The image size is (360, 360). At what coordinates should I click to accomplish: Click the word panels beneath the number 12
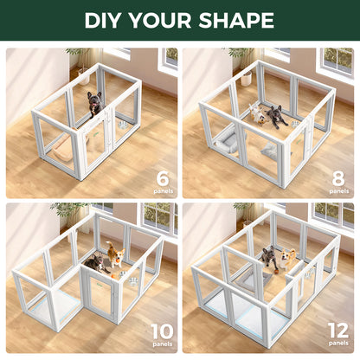(x=337, y=344)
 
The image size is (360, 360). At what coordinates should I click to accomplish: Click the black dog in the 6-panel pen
(x=94, y=104)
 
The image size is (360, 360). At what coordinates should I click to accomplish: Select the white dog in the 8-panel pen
(x=257, y=113)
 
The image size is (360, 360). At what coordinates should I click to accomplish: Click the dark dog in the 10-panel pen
(x=94, y=263)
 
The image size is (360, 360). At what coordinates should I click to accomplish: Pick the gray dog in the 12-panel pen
(x=269, y=257)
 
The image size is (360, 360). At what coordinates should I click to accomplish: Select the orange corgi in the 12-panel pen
(x=286, y=257)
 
